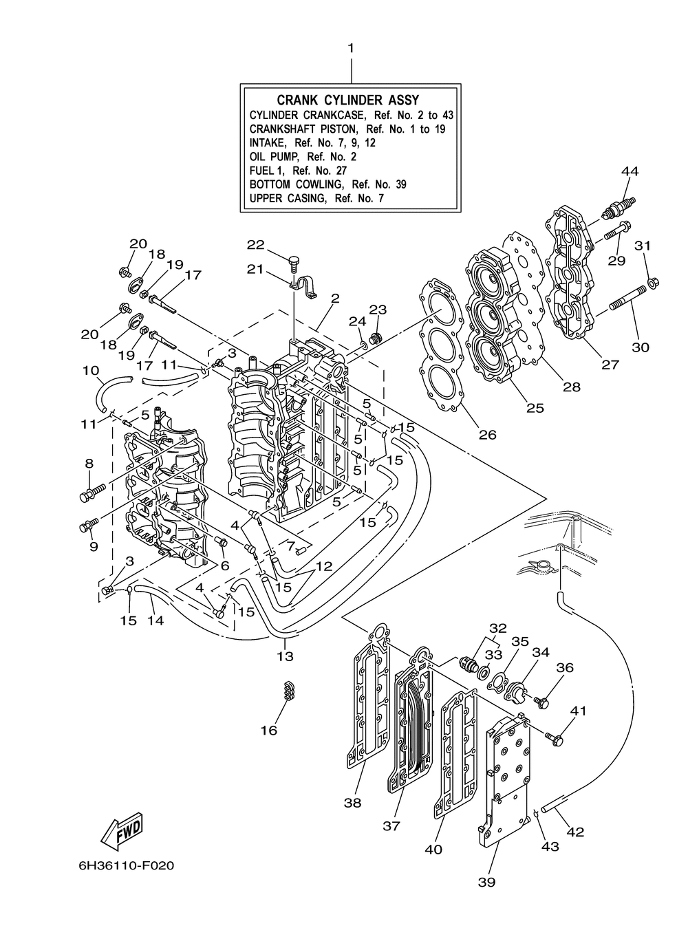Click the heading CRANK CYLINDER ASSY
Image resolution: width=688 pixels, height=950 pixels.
click(348, 100)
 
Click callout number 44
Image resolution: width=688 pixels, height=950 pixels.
click(630, 171)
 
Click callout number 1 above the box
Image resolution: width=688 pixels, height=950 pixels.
click(350, 48)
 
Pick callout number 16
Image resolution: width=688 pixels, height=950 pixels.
click(269, 731)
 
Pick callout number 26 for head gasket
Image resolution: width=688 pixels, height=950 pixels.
click(487, 434)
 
